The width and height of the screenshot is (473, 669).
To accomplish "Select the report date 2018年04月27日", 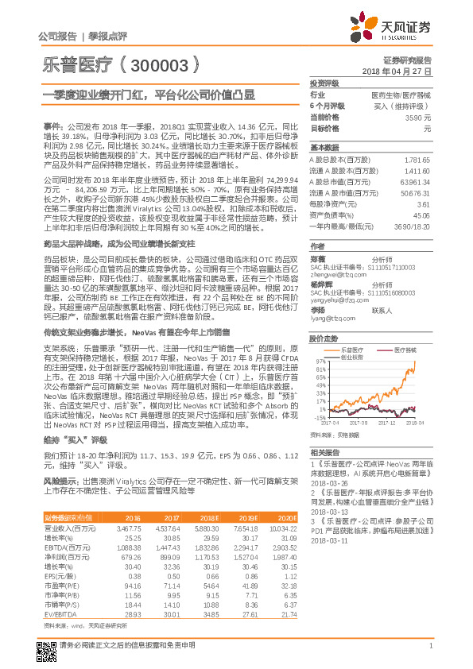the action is [x=396, y=72].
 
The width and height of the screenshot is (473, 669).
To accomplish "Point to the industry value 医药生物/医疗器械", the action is [x=401, y=95].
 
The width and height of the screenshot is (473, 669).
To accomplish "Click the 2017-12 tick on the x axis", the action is [x=387, y=423].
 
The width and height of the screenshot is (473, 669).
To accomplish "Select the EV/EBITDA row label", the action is [x=61, y=615].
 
